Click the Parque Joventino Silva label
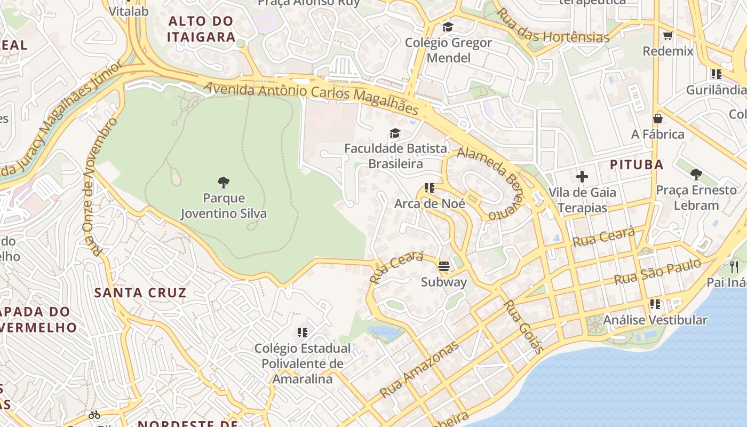pos(224,206)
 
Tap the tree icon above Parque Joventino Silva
pos(224,183)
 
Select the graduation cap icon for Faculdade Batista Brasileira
pos(395,133)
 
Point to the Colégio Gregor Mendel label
pos(448,50)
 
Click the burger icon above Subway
pos(444,266)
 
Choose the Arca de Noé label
pos(430,203)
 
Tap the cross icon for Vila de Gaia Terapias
pos(582,176)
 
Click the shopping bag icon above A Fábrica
pos(658,118)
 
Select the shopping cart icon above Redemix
pos(667,36)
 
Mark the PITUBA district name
pos(637,164)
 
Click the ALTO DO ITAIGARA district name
pos(201,29)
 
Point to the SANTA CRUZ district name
pos(140,292)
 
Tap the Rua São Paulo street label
pos(657,272)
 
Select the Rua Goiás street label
pos(523,326)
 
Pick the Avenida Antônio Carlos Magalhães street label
pos(311,97)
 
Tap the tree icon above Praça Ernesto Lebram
pos(696,174)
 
